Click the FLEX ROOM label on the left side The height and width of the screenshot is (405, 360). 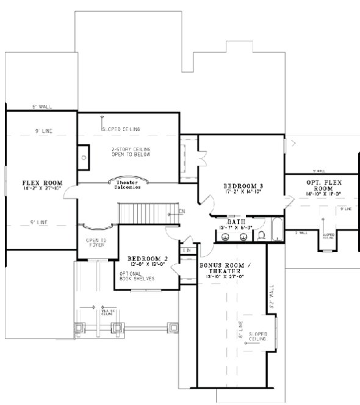coord(41,183)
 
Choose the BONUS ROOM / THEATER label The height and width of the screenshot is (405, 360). coord(221,268)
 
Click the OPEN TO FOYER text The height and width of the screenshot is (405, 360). coord(96,242)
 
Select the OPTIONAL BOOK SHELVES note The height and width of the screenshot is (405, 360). coord(141,276)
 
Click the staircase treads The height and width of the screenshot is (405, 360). coord(142,214)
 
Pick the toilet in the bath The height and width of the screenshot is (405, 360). coord(261,234)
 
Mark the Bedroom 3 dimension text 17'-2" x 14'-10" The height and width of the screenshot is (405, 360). coord(242,193)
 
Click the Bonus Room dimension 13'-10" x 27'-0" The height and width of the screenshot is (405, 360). coord(221,276)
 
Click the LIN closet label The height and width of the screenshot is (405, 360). coord(188,250)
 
